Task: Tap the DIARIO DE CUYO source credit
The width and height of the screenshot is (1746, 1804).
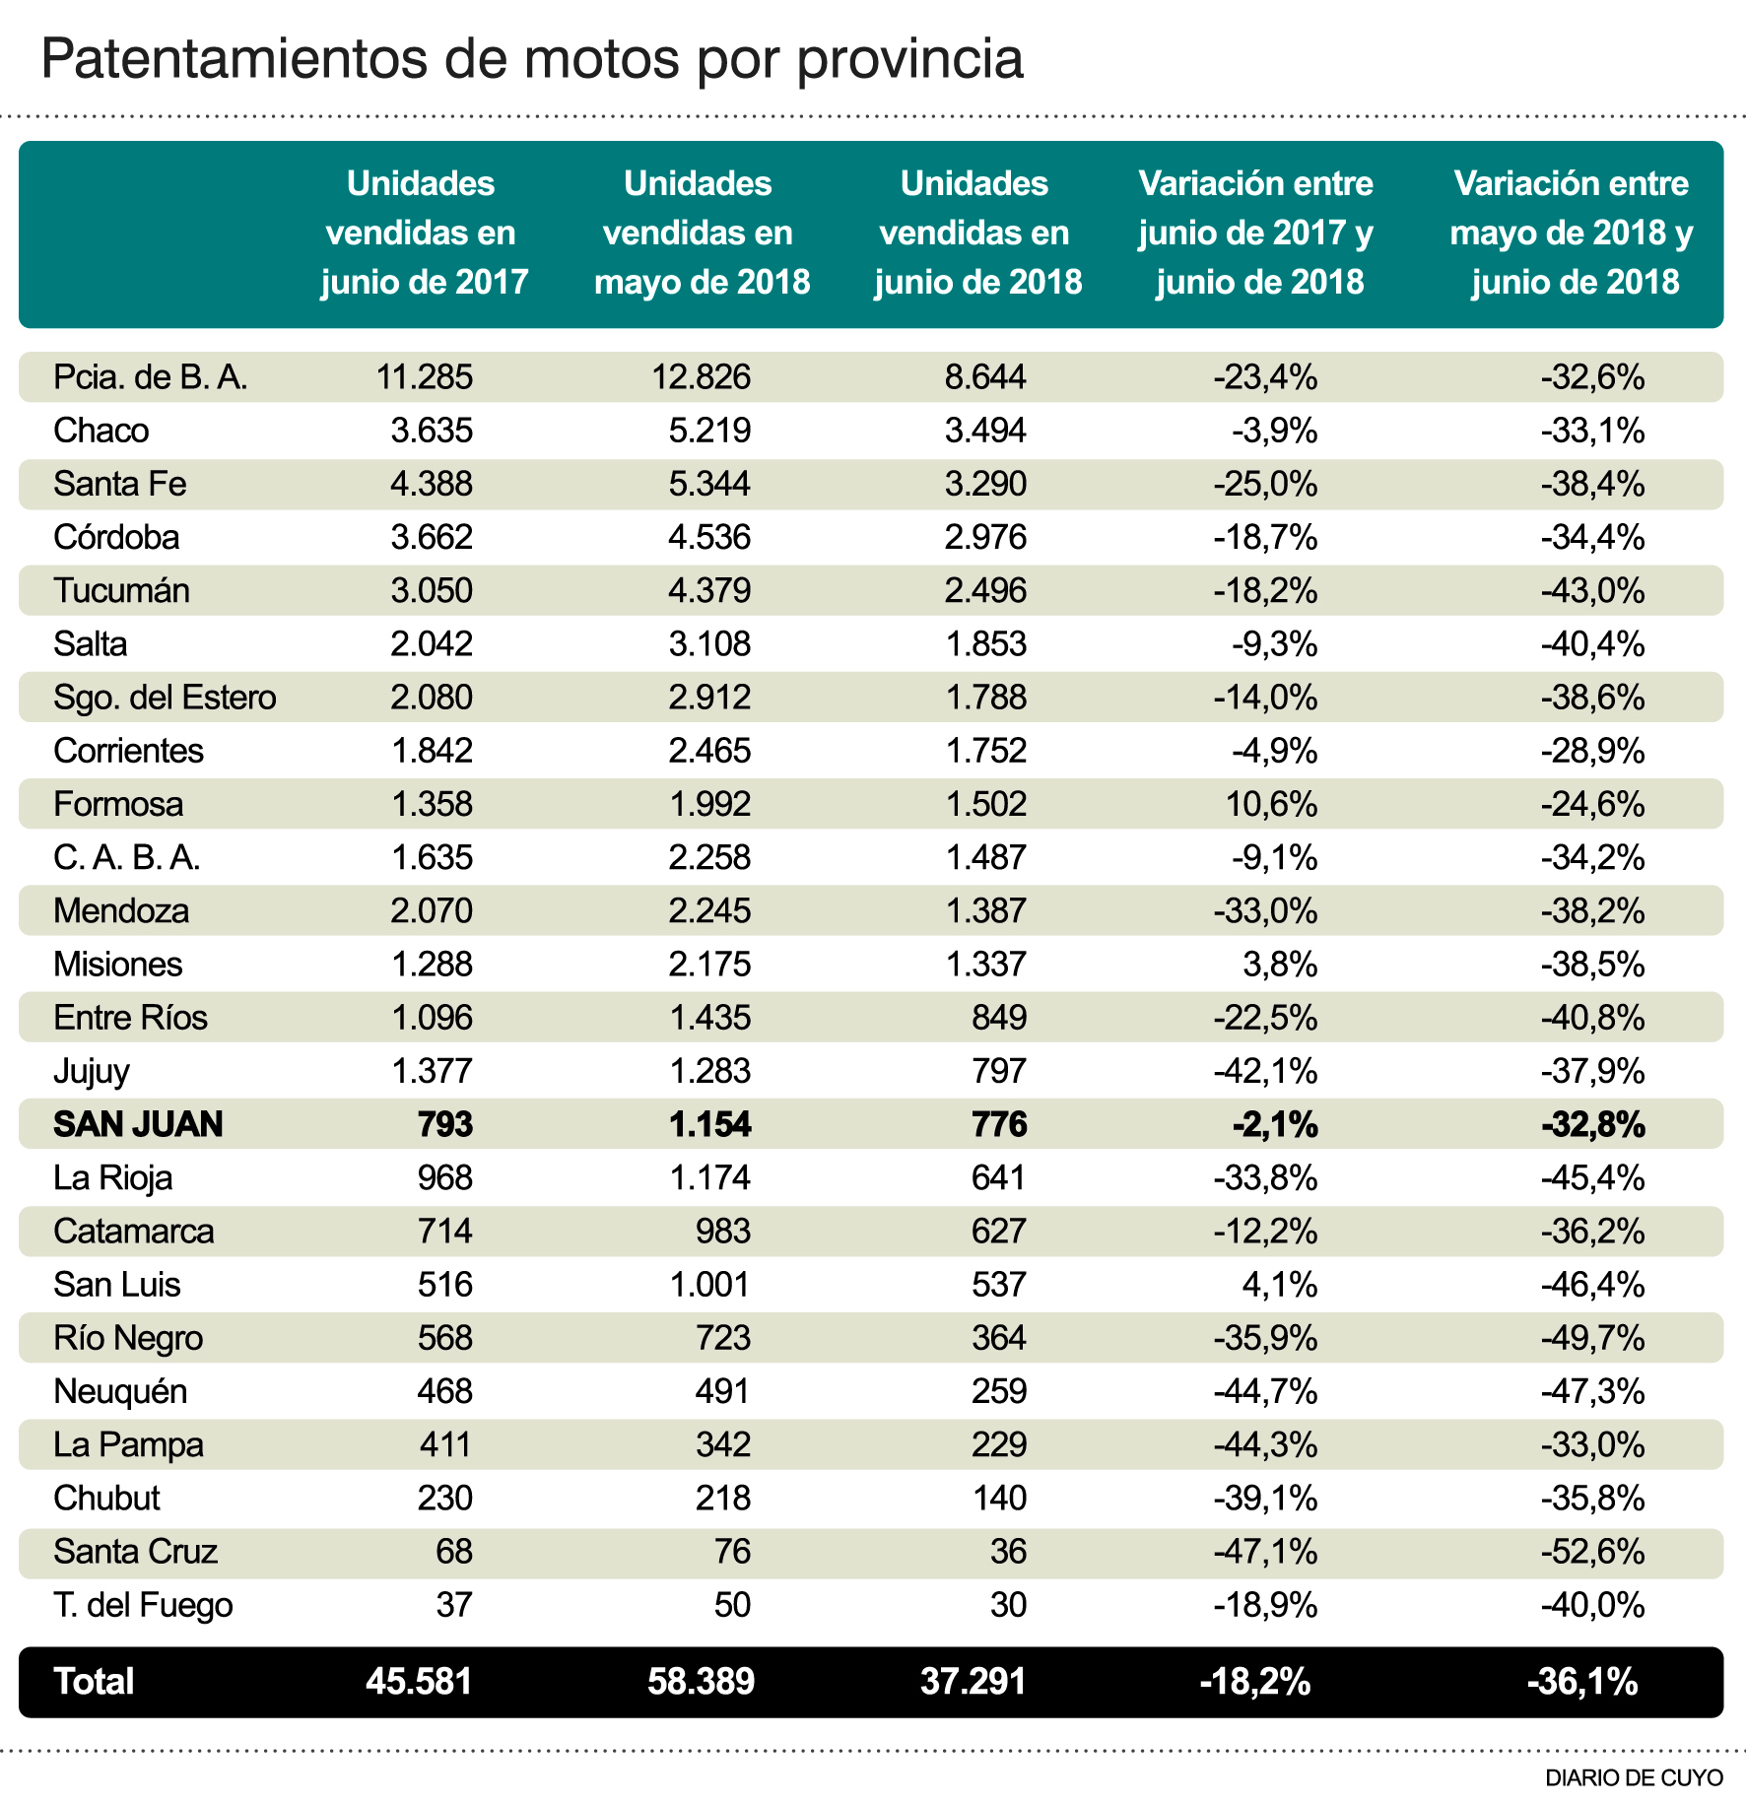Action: click(1634, 1777)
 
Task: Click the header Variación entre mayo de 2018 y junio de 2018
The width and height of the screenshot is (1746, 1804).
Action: click(1572, 234)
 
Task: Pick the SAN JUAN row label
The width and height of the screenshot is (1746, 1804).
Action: click(138, 1124)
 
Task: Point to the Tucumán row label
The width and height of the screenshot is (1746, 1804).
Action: click(121, 590)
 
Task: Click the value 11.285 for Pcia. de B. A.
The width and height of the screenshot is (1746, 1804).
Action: click(425, 376)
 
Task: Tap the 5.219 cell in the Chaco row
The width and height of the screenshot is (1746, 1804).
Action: click(709, 431)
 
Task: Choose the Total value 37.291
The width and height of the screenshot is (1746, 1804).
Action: click(974, 1682)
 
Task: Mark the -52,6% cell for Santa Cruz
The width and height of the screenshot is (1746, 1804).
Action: click(1592, 1552)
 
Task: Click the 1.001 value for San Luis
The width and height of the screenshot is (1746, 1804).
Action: click(709, 1285)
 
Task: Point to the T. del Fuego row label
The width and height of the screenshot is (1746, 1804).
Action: click(143, 1605)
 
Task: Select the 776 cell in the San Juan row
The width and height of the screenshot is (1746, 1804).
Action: click(999, 1124)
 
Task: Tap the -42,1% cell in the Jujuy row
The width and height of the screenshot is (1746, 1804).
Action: click(1265, 1071)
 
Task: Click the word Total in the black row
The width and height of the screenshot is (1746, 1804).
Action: click(94, 1682)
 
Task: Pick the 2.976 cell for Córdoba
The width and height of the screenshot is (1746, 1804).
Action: click(985, 537)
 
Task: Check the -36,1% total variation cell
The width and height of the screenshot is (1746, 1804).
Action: click(1581, 1682)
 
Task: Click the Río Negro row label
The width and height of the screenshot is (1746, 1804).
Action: click(128, 1338)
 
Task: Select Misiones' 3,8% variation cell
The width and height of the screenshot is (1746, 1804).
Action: click(1280, 964)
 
